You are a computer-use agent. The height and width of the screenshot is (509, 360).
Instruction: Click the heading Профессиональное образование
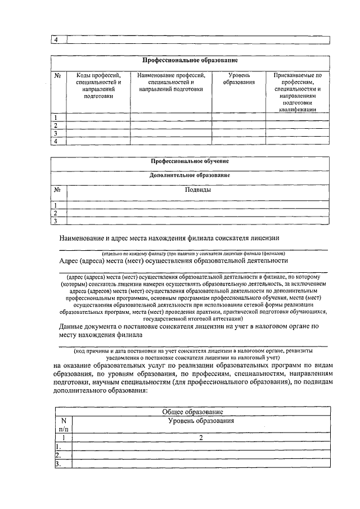pyautogui.click(x=190, y=60)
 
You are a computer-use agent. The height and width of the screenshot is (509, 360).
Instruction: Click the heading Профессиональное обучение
pyautogui.click(x=190, y=161)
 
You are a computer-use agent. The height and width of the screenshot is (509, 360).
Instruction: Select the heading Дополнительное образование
pyautogui.click(x=190, y=175)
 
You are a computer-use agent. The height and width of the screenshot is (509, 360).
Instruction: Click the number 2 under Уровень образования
pyautogui.click(x=200, y=438)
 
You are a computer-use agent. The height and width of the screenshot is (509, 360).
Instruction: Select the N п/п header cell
pyautogui.click(x=63, y=425)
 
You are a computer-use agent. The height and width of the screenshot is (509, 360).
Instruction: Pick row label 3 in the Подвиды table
pyautogui.click(x=56, y=221)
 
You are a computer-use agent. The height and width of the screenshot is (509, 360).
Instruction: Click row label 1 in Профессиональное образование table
pyautogui.click(x=56, y=117)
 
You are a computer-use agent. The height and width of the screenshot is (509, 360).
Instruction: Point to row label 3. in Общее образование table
pyautogui.click(x=58, y=463)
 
